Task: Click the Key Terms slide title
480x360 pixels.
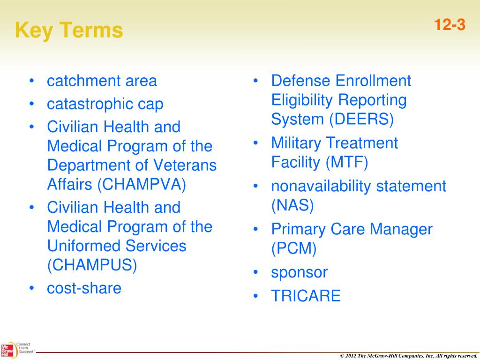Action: click(69, 31)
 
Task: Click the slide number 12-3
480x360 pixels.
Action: click(449, 25)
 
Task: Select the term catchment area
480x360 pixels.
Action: click(102, 81)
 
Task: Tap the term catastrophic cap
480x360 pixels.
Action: click(105, 104)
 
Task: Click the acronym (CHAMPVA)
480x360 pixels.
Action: click(142, 184)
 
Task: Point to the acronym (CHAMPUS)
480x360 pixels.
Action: click(92, 265)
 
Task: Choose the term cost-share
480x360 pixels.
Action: click(84, 288)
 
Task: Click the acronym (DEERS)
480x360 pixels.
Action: click(361, 120)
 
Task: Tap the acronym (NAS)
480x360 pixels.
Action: click(292, 205)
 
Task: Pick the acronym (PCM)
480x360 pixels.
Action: click(294, 248)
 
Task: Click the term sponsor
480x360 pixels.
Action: click(299, 272)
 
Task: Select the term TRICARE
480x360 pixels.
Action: click(306, 296)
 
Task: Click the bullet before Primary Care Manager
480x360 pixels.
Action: click(256, 229)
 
